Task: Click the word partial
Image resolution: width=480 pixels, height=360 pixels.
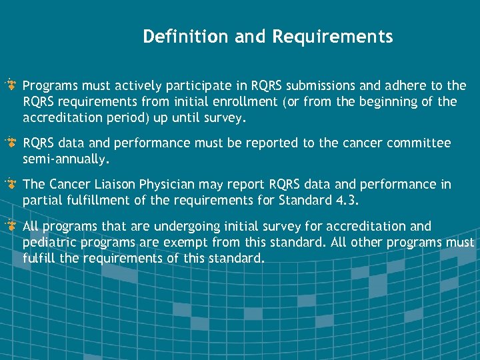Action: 42,200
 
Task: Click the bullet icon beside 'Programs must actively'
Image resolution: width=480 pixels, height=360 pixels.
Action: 11,86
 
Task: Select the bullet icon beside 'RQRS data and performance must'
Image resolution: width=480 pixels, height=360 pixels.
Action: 11,143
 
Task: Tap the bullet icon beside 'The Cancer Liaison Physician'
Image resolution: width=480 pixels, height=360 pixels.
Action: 11,185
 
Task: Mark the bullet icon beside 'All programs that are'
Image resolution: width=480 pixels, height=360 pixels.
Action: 11,226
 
